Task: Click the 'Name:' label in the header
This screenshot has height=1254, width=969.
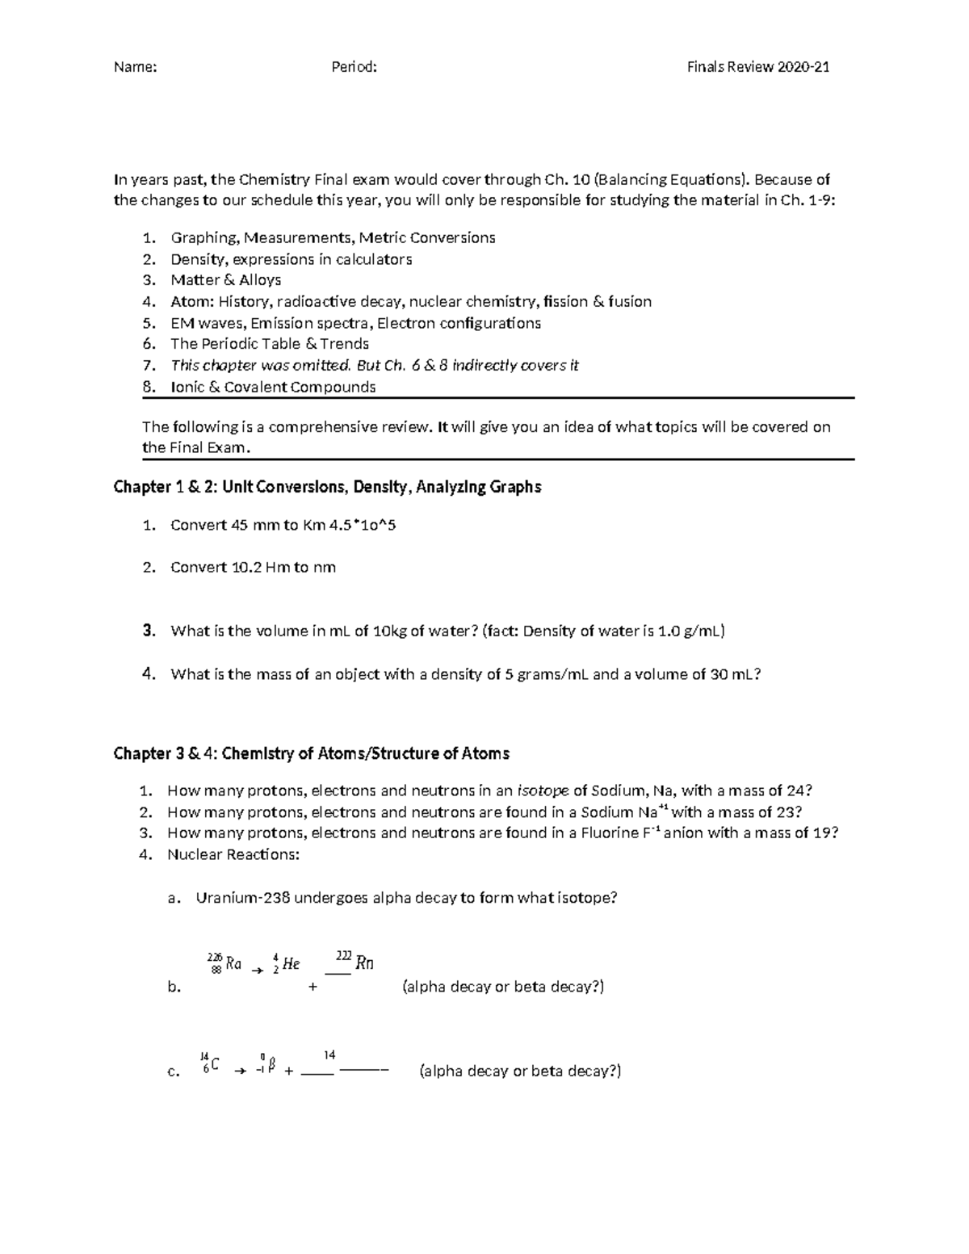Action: pos(135,67)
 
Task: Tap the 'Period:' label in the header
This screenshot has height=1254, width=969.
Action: pos(354,67)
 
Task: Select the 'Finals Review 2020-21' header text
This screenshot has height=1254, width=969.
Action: pos(758,67)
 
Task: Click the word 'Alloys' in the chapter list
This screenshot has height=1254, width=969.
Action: pos(260,280)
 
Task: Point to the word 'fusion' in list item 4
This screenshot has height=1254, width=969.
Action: pos(630,301)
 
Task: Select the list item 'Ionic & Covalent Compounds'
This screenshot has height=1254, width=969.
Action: pos(273,387)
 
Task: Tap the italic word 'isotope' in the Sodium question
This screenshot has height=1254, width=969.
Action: pos(543,791)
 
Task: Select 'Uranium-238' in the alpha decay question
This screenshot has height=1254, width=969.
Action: pos(233,897)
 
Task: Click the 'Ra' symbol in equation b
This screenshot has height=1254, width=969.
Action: pos(233,963)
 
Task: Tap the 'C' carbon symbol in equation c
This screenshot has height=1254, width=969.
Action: pos(216,1065)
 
